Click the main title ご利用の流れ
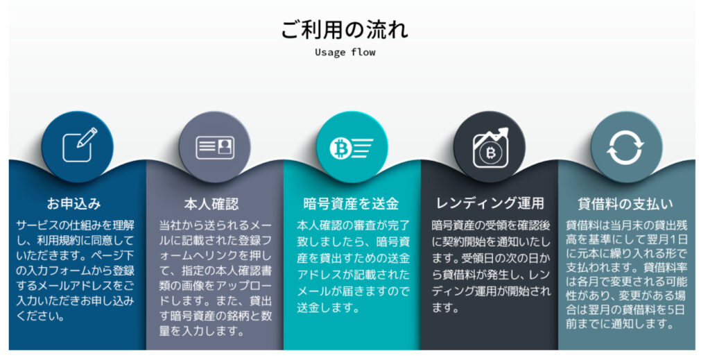pos(345,29)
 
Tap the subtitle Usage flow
pos(345,52)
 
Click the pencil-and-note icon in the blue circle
pos(79,144)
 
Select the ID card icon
pos(215,148)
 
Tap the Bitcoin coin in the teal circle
pos(341,148)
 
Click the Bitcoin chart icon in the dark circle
pos(491,148)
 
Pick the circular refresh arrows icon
pos(625,148)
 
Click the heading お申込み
pos(73,203)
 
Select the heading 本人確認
pos(211,204)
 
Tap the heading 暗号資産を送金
pos(351,204)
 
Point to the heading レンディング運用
pos(490,203)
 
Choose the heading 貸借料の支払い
pos(625,204)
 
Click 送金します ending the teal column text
pos(328,307)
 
